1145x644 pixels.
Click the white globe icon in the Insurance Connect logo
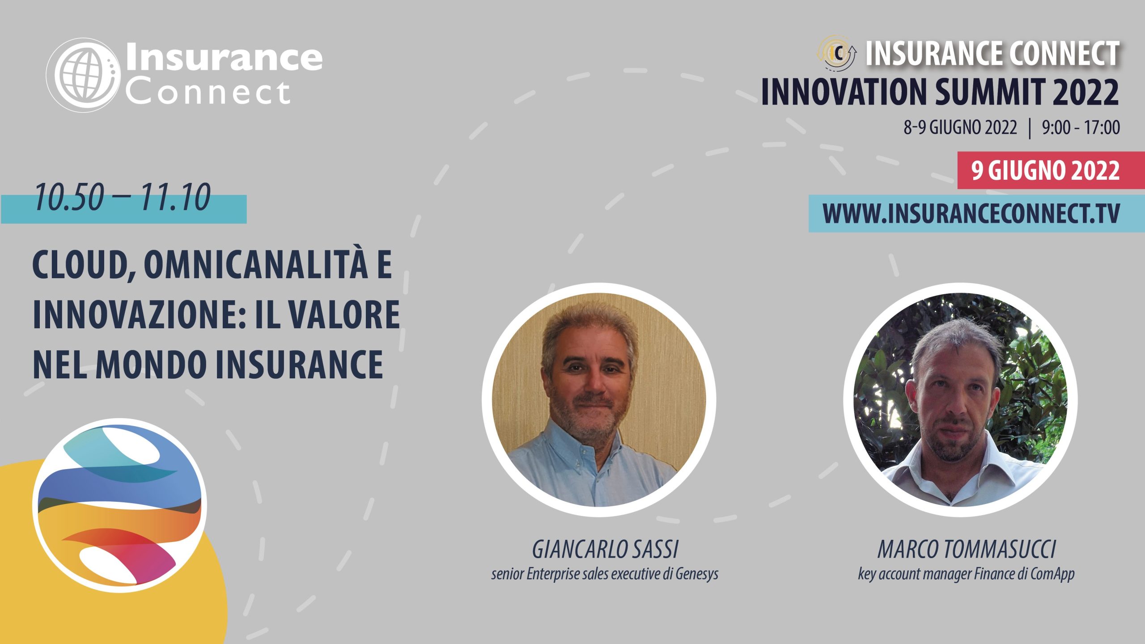tap(83, 75)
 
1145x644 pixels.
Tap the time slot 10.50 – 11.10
tap(122, 197)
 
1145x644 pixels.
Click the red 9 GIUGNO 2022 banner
tap(1051, 170)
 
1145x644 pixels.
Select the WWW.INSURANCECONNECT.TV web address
tap(971, 213)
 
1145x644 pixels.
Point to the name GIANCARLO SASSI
tap(605, 549)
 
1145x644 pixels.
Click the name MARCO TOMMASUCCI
tap(967, 549)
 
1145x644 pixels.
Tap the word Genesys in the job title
tap(697, 574)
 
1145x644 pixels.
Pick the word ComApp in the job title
tap(1052, 574)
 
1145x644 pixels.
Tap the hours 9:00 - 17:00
tap(1081, 127)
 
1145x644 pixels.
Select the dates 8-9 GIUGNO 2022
tap(960, 127)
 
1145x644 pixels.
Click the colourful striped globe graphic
tap(119, 505)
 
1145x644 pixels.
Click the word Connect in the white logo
tap(208, 93)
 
